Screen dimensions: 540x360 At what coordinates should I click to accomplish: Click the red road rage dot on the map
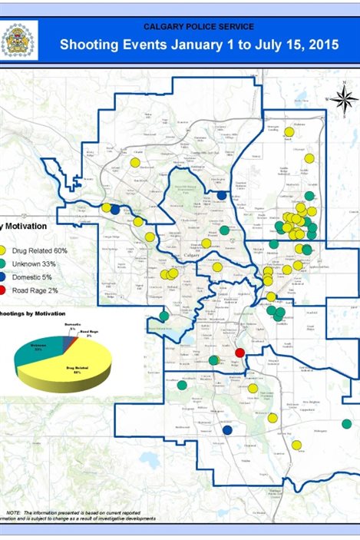239,353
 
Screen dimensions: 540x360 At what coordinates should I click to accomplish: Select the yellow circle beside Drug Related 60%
5,250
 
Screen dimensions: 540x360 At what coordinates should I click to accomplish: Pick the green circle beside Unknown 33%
5,263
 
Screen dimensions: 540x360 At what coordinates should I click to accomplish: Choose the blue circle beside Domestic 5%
5,277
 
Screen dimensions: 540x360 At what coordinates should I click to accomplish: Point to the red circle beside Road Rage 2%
5,290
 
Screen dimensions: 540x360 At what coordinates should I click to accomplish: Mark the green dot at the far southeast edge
346,423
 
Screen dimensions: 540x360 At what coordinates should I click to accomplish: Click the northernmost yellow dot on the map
289,131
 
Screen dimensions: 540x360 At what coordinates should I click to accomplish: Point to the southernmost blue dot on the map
227,430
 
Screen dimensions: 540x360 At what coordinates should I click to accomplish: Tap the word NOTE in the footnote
14,512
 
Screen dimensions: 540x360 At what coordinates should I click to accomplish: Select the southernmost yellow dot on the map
296,445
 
